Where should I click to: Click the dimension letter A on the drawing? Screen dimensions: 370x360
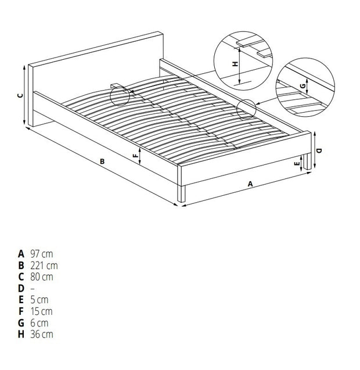pos(250,184)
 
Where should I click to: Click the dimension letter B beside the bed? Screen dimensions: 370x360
pos(102,161)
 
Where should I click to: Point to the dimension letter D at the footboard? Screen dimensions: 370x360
pos(320,150)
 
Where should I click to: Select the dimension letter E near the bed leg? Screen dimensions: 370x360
pos(298,164)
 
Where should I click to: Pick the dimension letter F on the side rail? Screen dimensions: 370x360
pos(135,155)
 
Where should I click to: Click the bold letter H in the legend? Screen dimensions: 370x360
pos(21,334)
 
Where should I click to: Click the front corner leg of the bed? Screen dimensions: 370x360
pos(182,192)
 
